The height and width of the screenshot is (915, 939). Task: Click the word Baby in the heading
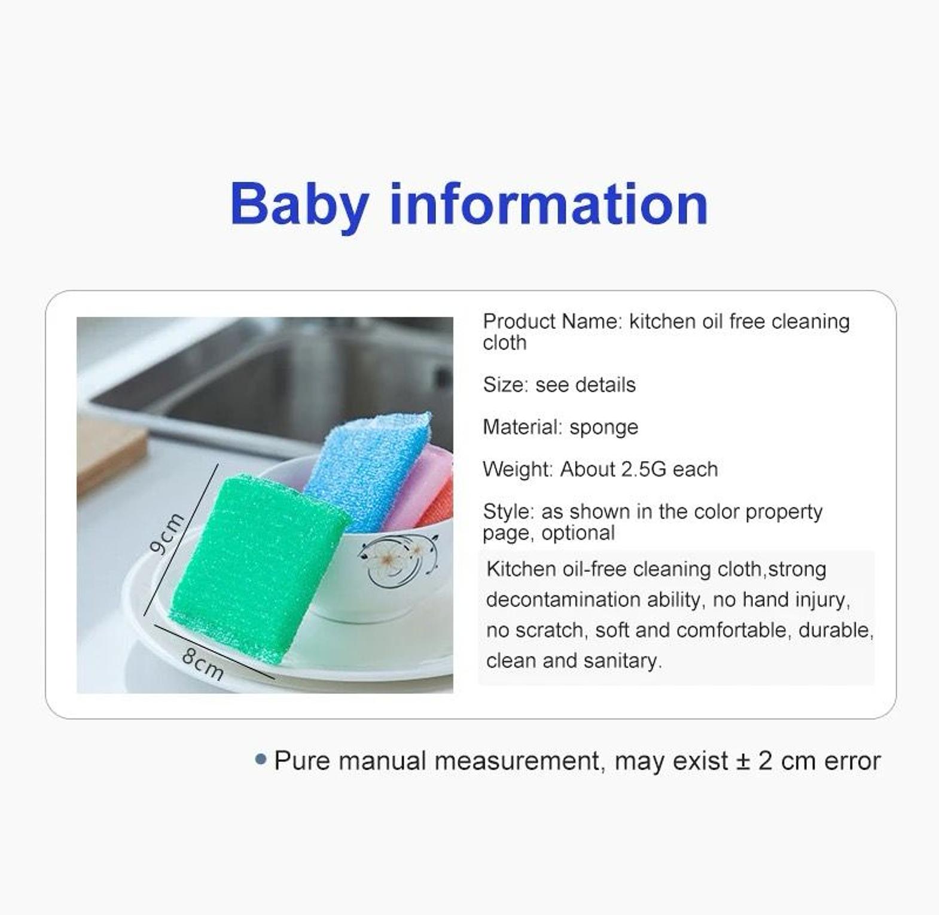pos(298,205)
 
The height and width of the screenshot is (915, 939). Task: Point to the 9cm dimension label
pos(166,533)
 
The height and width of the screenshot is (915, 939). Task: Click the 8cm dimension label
pos(203,664)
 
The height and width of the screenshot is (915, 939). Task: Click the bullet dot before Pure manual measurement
pos(260,760)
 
